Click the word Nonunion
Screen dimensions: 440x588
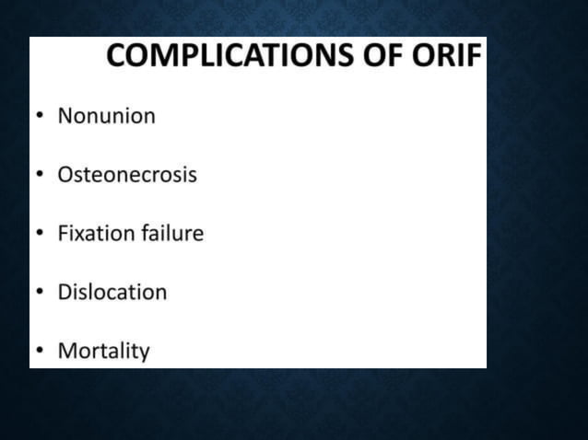coord(106,116)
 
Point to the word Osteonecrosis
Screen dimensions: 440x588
coord(127,174)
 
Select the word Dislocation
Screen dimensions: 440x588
coord(112,292)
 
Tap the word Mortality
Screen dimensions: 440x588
coord(103,351)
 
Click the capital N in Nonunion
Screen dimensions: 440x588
coord(65,116)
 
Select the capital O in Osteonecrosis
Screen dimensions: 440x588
coord(65,174)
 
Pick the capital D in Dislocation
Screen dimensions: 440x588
coord(65,292)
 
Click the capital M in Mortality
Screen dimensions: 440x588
coord(66,351)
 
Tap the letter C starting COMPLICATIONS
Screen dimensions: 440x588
coord(117,56)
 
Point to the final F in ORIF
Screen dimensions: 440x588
coord(474,56)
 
